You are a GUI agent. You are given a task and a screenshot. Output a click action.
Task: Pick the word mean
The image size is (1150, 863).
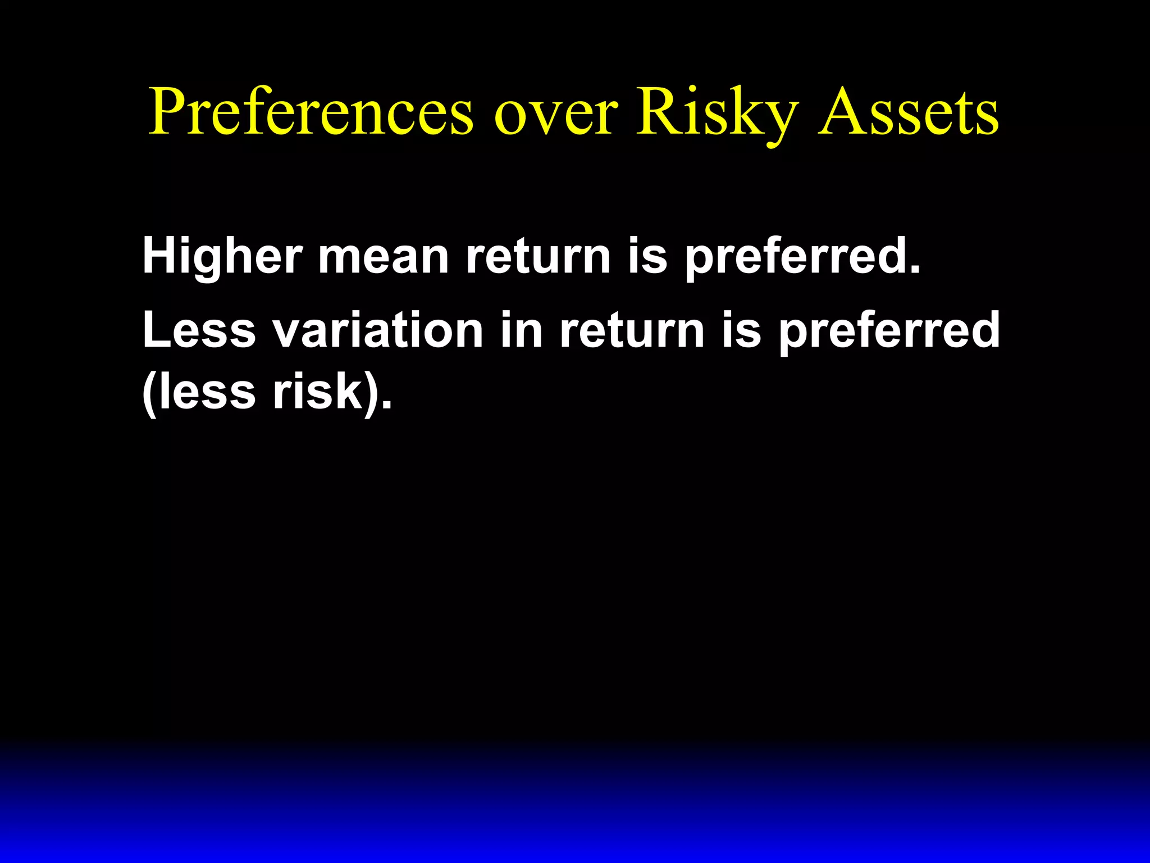click(x=384, y=257)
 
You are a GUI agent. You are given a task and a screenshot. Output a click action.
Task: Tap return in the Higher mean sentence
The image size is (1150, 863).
click(x=538, y=257)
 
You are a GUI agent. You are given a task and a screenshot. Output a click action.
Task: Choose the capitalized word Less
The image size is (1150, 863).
click(x=199, y=330)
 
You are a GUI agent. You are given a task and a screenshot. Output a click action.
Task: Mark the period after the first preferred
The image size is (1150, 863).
click(x=914, y=270)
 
